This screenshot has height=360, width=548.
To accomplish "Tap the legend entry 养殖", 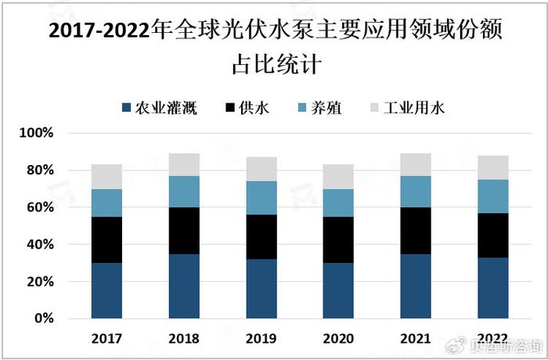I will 323,108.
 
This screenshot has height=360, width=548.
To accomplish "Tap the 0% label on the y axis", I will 42,319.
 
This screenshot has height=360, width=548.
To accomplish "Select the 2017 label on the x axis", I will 106,339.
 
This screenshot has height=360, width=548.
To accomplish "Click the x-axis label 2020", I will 338,339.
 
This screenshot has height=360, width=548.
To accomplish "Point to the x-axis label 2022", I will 492,339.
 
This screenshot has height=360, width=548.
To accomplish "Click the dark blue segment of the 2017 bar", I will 106,290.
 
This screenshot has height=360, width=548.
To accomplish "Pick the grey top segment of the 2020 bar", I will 338,177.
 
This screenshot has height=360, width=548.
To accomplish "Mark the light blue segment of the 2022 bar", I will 492,196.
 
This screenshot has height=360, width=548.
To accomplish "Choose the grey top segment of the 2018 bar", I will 184,164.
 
